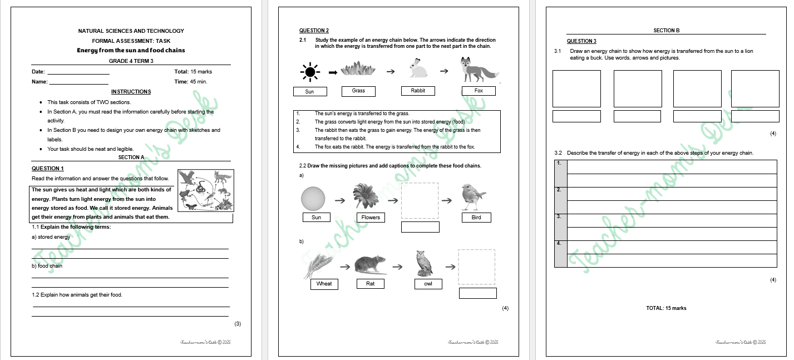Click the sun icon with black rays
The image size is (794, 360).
310,72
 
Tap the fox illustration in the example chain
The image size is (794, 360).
478,70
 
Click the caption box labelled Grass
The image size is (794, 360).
358,91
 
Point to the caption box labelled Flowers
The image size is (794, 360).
371,218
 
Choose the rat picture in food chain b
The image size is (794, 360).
370,265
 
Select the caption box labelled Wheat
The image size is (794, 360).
324,284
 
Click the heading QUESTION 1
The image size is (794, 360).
48,169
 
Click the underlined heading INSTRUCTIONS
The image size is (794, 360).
131,92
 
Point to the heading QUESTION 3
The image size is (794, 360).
581,41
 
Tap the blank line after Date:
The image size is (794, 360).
78,72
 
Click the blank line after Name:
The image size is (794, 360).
78,82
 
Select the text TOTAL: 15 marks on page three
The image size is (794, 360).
666,308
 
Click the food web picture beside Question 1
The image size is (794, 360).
205,190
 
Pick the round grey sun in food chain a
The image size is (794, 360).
313,198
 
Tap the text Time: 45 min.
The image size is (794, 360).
190,82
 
